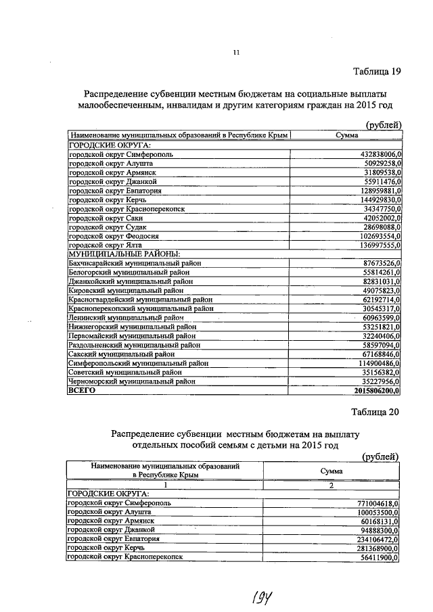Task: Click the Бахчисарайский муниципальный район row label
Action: tap(135, 262)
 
